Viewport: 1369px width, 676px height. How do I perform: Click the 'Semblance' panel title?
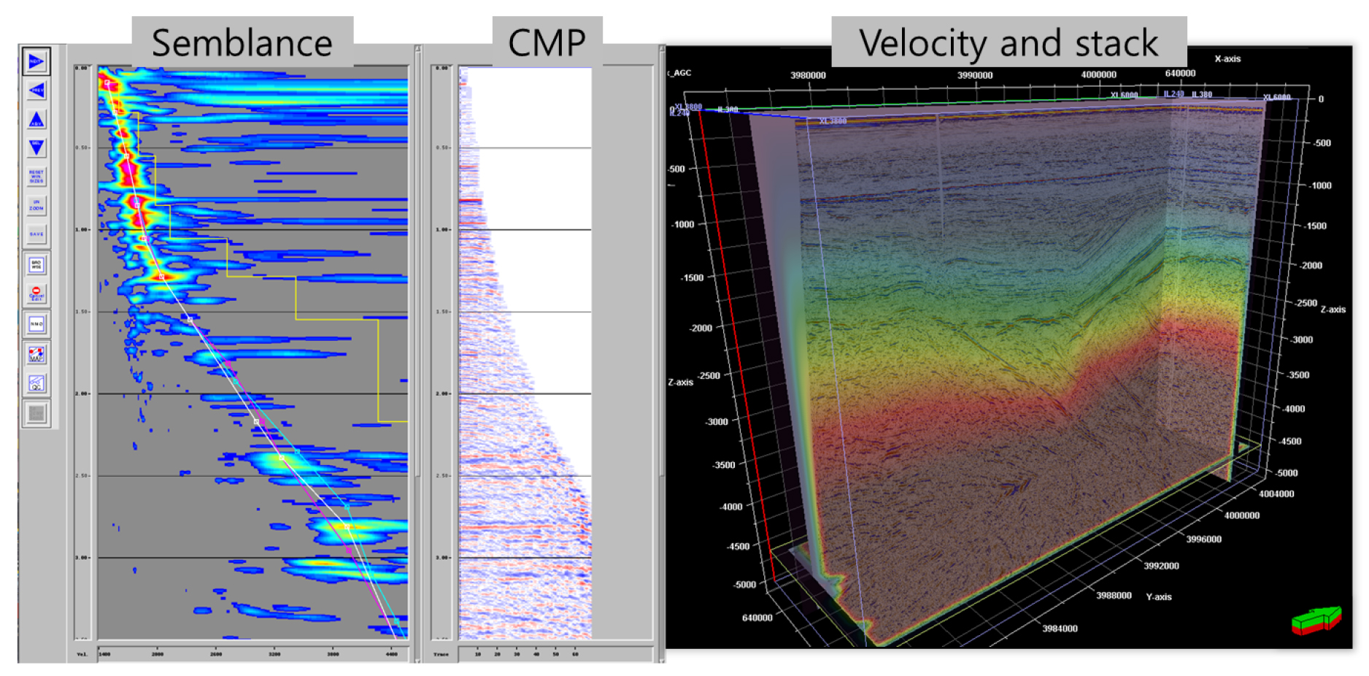242,42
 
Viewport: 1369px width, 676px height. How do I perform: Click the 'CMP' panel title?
547,42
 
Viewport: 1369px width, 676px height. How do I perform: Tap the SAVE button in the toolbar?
36,234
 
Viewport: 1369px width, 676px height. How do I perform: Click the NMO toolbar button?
36,323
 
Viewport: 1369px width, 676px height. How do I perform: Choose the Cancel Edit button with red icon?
36,293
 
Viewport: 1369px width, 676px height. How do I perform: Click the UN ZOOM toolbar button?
36,205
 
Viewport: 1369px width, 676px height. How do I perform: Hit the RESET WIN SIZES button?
36,176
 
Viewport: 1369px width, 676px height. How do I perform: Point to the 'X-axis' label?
1227,58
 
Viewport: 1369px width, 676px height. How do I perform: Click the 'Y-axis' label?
1159,596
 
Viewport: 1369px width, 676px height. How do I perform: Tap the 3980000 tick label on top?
808,75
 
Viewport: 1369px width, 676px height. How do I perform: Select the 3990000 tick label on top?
975,75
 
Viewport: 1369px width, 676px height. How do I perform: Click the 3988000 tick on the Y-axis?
1114,595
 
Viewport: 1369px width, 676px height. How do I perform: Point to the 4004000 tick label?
1276,493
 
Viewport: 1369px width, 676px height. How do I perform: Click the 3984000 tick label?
1060,628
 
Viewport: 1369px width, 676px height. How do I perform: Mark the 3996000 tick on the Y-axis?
1203,539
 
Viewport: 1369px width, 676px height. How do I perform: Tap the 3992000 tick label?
1161,565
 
